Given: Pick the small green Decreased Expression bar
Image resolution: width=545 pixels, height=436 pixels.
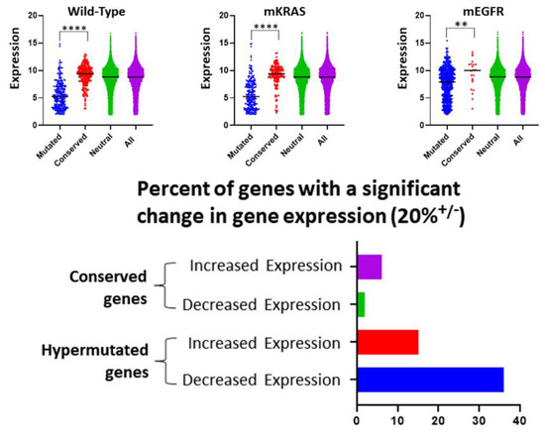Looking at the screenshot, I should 361,304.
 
